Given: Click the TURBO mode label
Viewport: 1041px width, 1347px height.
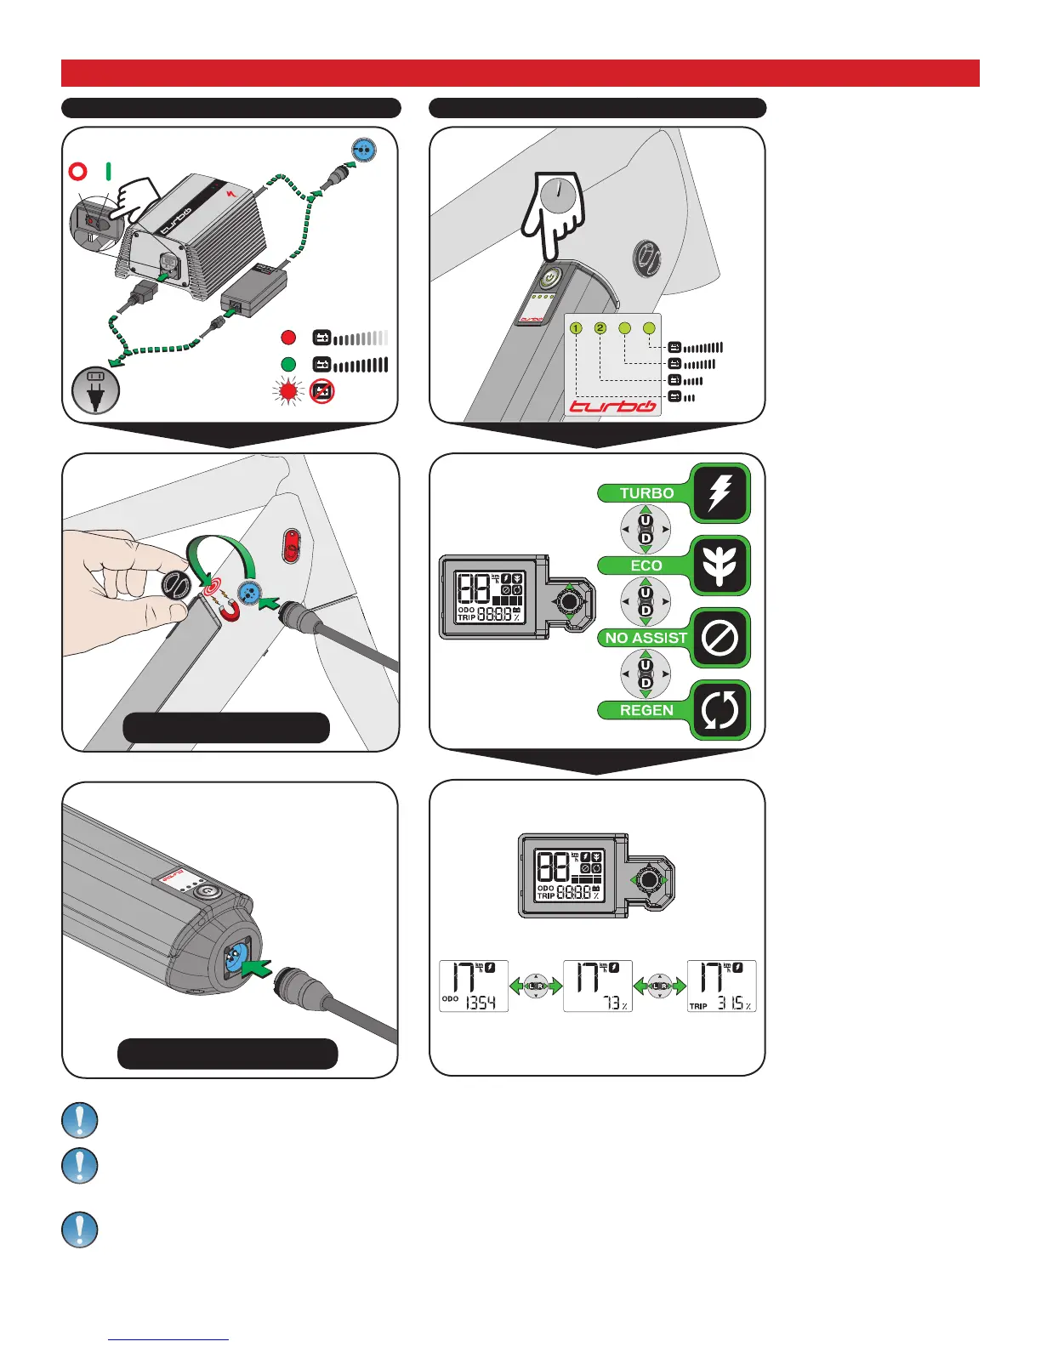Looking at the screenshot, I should click(646, 493).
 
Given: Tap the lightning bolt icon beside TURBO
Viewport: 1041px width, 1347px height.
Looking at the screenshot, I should click(720, 492).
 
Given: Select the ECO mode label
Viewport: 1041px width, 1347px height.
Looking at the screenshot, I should click(646, 566).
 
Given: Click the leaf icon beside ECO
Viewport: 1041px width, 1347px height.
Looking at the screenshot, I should click(720, 566).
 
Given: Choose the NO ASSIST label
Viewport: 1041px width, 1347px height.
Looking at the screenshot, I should click(646, 638).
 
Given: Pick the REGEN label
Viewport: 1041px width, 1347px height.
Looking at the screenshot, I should click(646, 710).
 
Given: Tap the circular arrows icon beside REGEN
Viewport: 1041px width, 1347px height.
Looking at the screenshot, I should click(720, 710).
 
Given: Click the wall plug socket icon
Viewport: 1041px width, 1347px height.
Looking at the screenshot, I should click(95, 389).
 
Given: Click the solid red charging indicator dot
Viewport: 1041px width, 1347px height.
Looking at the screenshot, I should click(288, 338).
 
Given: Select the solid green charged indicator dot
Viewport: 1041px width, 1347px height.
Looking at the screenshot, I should click(288, 364).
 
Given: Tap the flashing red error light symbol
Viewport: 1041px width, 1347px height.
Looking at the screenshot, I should click(288, 391).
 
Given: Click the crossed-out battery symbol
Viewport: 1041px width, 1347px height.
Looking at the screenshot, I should click(321, 391).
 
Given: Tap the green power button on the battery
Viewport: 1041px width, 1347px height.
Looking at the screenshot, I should click(550, 278).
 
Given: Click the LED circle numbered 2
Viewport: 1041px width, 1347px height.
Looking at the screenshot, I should click(600, 328).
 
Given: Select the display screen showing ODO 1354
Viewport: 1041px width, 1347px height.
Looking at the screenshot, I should click(474, 986).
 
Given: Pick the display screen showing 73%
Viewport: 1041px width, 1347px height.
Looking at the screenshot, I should click(597, 986).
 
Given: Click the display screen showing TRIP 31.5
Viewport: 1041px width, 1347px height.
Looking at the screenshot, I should click(721, 986).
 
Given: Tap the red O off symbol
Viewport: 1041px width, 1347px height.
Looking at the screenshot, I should click(77, 172).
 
